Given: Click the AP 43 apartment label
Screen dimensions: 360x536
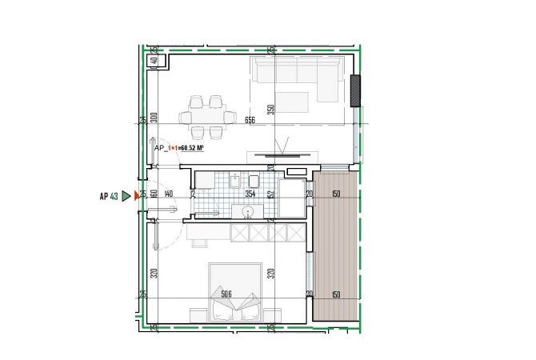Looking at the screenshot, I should point(109,195).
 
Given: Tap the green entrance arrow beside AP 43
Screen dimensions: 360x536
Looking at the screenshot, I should point(126,195).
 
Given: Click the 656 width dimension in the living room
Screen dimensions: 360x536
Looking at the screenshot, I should point(250,121).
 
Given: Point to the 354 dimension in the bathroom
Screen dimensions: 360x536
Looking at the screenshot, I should point(250,194).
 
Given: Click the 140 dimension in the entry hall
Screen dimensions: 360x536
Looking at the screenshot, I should point(168,194).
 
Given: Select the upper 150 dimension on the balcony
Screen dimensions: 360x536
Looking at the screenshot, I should point(336,194).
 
